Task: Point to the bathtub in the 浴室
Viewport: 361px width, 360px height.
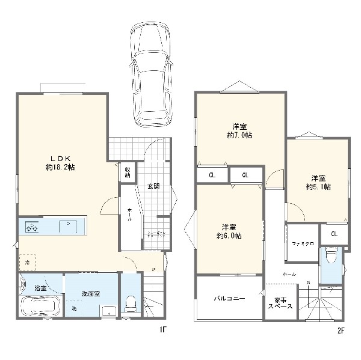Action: coord(38,306)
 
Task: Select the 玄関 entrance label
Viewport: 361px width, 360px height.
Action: coord(153,186)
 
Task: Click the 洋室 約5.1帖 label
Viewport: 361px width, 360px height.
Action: coord(319,182)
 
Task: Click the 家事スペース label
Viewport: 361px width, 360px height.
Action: coord(280,303)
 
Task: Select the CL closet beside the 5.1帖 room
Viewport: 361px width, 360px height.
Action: coord(334,234)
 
